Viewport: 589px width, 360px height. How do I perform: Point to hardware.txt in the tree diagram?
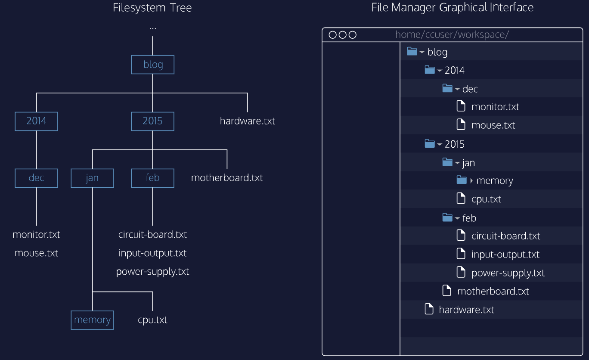[248, 121]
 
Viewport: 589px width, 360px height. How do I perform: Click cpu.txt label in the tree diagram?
[152, 320]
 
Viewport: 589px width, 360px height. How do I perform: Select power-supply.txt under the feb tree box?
[152, 272]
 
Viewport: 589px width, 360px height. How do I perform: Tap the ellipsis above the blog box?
[152, 28]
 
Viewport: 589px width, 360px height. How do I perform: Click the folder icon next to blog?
[412, 51]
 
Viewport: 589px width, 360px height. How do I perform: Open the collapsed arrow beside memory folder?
[471, 181]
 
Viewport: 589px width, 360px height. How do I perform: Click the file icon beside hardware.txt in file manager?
[429, 309]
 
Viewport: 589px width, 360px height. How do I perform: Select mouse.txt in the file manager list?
[493, 125]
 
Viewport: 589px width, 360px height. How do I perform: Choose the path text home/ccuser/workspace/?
[452, 35]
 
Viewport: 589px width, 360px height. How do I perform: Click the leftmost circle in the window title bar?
[332, 35]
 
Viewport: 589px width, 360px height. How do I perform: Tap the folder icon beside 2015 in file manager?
[430, 143]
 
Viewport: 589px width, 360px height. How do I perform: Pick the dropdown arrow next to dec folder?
[457, 89]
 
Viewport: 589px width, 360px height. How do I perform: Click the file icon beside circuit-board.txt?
[461, 235]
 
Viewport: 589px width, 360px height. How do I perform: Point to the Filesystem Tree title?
[152, 8]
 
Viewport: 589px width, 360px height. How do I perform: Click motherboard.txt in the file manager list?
[493, 292]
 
